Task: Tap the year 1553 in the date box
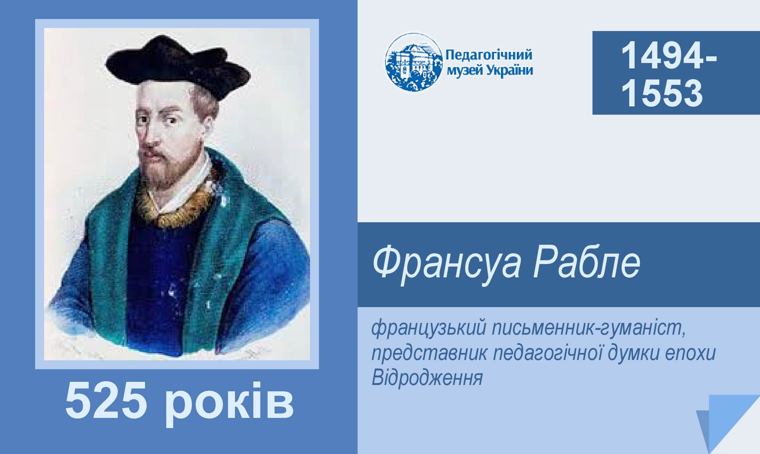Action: [662, 93]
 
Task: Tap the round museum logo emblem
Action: [413, 62]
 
